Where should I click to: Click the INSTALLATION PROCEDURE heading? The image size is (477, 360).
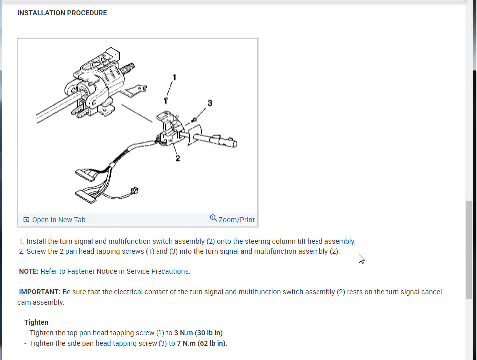62,13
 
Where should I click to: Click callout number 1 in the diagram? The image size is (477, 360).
174,77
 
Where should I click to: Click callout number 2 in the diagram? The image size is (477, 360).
178,158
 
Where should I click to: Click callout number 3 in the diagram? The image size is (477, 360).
210,103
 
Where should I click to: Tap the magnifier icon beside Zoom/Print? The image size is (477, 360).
213,219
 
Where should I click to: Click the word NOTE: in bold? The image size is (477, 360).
29,271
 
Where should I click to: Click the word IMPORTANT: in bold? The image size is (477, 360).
40,292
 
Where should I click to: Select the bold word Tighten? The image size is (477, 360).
36,322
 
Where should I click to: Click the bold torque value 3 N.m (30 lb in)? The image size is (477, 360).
199,333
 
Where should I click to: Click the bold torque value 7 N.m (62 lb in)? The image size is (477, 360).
201,343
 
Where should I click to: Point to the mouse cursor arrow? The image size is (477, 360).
361,259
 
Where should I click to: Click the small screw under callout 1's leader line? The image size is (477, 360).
165,99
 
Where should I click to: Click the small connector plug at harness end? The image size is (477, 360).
134,190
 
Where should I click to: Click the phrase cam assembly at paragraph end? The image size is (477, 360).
40,302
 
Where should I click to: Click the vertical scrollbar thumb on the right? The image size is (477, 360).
469,249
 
